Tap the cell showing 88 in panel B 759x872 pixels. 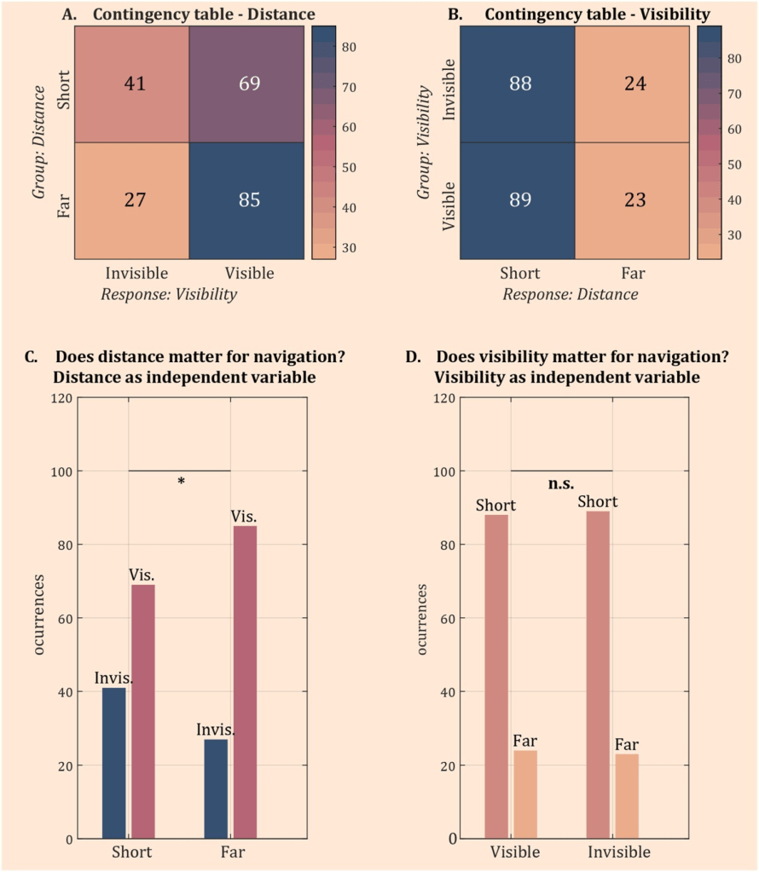(518, 84)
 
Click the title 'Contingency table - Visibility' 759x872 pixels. (596, 14)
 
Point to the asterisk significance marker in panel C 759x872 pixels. (181, 482)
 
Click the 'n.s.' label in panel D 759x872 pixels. (560, 483)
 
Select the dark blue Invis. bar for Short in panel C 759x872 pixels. (114, 763)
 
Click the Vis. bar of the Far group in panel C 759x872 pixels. (245, 682)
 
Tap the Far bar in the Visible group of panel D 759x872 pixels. (525, 794)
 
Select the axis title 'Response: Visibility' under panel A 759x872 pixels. (169, 294)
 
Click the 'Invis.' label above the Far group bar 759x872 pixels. (216, 730)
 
